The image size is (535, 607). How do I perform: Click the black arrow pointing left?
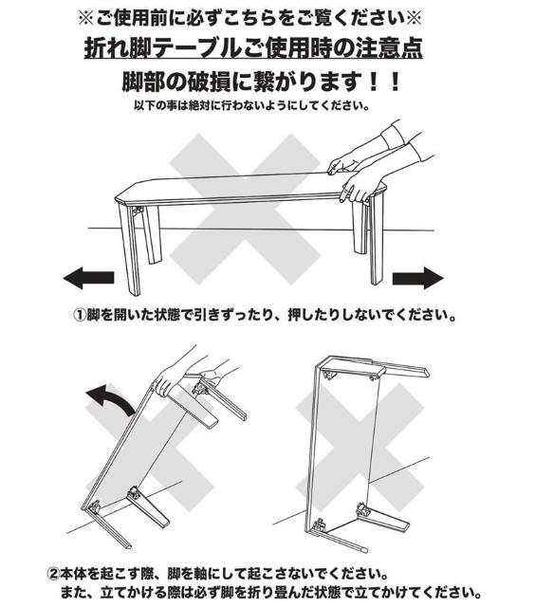click(86, 278)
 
